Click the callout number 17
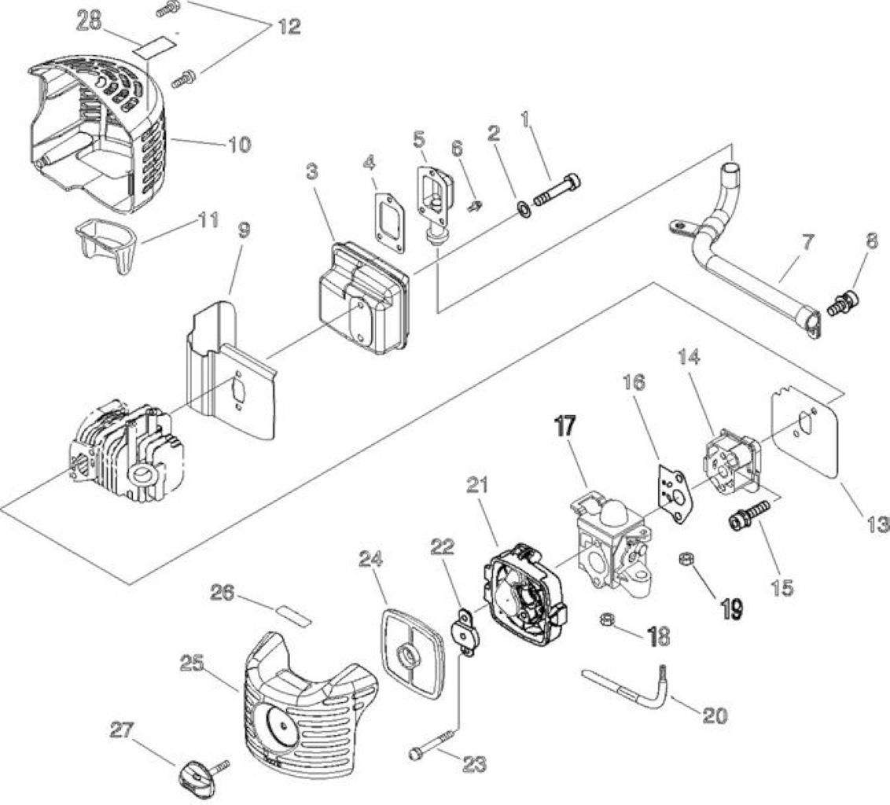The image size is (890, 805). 566,426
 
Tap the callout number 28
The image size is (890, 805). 89,21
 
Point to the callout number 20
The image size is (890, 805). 715,716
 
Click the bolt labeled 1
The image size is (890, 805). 557,191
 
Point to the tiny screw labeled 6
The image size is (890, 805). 475,205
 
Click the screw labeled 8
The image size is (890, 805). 844,303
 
